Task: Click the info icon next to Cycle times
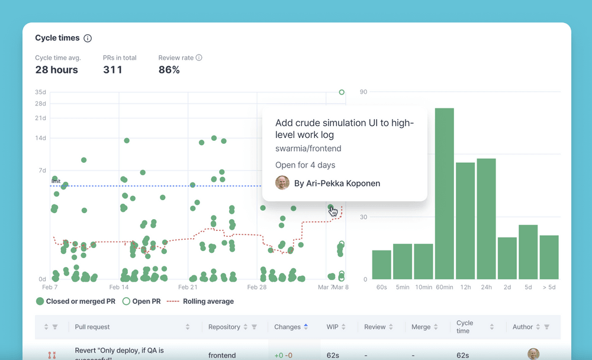tap(88, 38)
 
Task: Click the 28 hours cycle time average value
tap(56, 70)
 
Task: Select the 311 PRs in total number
tap(112, 70)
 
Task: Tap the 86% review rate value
tap(169, 70)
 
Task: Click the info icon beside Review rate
tap(199, 58)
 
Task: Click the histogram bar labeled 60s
tap(381, 265)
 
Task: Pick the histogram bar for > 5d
tap(549, 257)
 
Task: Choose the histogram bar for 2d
tap(507, 258)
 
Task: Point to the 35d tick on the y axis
tap(40, 92)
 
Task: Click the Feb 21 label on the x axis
tap(188, 287)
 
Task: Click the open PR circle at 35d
tap(342, 92)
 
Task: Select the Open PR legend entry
tap(141, 301)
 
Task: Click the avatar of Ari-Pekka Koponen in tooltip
tap(282, 183)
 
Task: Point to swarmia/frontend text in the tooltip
tap(308, 149)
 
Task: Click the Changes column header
tap(288, 327)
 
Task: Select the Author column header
tap(523, 327)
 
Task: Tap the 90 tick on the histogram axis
tap(363, 92)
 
